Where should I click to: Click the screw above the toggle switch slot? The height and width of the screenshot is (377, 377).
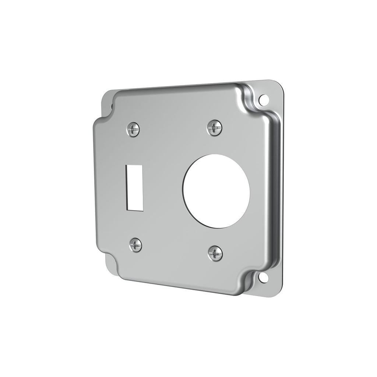[133, 129]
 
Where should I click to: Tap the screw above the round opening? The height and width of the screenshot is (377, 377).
[214, 128]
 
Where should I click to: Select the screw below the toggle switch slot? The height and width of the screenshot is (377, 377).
[135, 245]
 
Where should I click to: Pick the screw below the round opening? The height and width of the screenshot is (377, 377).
[215, 253]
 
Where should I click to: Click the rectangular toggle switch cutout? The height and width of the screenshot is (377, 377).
[134, 188]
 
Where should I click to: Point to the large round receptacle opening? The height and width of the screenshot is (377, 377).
[216, 191]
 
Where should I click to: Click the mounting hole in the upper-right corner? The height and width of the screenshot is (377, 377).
[263, 99]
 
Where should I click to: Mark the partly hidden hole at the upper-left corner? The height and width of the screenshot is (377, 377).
[112, 107]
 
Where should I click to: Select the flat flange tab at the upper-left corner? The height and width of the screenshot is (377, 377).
[107, 98]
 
